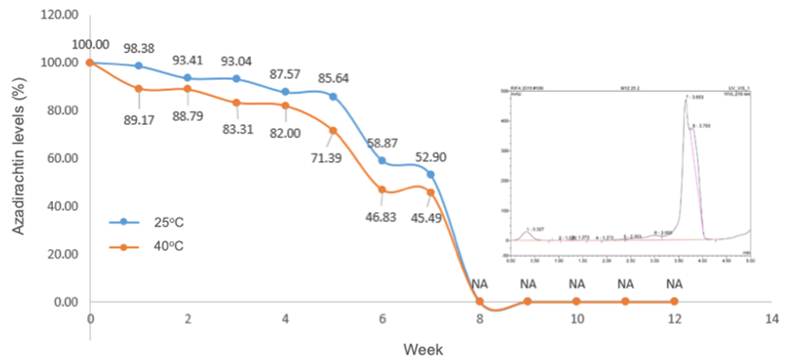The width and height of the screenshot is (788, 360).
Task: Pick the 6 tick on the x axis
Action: pos(382,319)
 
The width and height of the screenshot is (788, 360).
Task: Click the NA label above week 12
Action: pos(673,284)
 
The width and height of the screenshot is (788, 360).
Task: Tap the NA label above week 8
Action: pos(479,284)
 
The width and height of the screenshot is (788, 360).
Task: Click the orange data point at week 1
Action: pos(139,88)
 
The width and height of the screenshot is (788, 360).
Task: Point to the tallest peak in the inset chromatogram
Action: pos(686,101)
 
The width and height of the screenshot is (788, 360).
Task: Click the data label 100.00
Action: pos(91,44)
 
